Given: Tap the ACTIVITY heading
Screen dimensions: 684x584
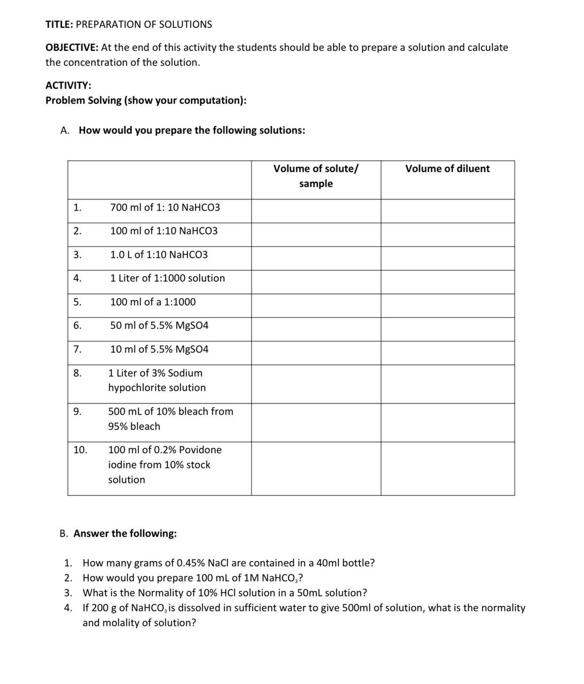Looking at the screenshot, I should coord(68,85).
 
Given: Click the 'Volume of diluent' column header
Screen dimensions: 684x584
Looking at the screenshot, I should coord(447,169).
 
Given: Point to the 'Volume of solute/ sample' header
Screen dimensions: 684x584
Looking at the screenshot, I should coord(315,176).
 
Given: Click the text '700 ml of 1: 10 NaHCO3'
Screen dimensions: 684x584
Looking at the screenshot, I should coord(165,207).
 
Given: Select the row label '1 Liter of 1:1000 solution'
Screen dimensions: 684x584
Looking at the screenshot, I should coord(168,278).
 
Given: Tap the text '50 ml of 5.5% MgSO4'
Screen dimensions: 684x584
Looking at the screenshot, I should coord(159,325).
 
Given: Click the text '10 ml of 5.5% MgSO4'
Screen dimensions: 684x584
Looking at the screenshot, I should coord(159,349).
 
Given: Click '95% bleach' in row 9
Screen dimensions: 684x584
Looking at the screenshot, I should coord(134,426).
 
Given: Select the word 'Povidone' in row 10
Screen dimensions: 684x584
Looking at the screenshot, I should coord(200,450).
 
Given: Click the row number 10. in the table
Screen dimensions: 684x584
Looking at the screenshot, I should coord(80,450).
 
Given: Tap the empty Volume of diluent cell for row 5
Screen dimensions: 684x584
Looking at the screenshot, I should coord(447,306).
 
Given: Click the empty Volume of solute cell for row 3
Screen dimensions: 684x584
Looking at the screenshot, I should coord(316,258).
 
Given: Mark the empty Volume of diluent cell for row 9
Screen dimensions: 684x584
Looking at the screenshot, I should coord(447,422).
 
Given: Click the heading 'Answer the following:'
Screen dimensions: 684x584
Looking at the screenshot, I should coord(125,534).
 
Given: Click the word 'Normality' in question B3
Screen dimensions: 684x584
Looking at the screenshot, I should coord(160,593).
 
